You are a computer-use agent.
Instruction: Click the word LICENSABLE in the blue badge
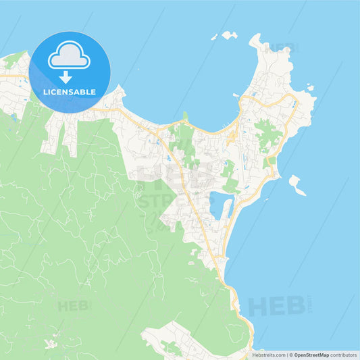[x=70, y=92]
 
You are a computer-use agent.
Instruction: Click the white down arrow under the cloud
[x=66, y=76]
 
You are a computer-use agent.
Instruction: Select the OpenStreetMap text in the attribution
[x=311, y=355]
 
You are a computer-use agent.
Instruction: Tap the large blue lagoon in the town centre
[x=219, y=204]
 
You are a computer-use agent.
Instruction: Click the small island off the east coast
[x=297, y=184]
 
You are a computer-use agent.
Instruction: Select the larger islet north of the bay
[x=230, y=34]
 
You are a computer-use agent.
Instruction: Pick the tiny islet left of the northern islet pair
[x=213, y=38]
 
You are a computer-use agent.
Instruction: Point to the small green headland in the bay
[x=185, y=116]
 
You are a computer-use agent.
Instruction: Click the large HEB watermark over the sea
[x=277, y=305]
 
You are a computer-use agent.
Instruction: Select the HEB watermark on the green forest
[x=73, y=305]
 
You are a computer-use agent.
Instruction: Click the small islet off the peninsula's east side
[x=309, y=87]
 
